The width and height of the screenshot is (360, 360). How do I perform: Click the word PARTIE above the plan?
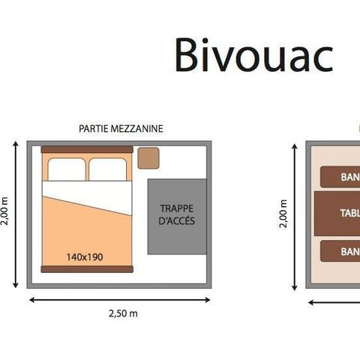[92, 128]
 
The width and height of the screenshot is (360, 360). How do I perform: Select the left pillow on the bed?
[66, 169]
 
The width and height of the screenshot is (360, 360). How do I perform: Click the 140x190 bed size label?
[85, 256]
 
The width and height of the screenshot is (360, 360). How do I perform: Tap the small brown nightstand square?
[148, 158]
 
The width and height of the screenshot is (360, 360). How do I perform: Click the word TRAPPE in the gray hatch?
[176, 208]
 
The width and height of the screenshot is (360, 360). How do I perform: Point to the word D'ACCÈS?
[176, 222]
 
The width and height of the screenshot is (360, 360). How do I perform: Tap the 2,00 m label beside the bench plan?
[283, 214]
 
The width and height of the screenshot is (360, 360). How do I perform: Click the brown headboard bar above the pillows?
[86, 150]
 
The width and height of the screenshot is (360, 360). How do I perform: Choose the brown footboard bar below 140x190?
[85, 268]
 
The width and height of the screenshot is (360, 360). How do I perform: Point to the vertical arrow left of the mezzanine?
[16, 214]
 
